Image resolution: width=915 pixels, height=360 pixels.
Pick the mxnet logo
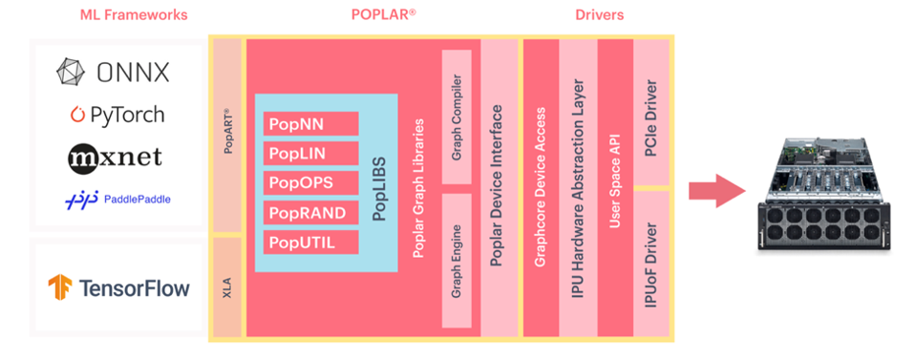pyautogui.click(x=116, y=156)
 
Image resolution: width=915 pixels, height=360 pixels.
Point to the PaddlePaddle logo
pyautogui.click(x=117, y=198)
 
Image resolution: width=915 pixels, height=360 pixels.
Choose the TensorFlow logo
pyautogui.click(x=119, y=286)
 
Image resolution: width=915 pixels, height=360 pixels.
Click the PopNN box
pyautogui.click(x=310, y=123)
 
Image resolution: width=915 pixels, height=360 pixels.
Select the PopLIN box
pyautogui.click(x=310, y=153)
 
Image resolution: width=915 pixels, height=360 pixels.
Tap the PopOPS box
pyautogui.click(x=310, y=182)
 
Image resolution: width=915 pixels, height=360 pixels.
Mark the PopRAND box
pyautogui.click(x=310, y=212)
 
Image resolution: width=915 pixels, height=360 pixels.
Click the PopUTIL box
pyautogui.click(x=310, y=242)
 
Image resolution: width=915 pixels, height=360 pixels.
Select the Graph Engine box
pyautogui.click(x=457, y=260)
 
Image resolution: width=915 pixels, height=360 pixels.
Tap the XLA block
pyautogui.click(x=226, y=286)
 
